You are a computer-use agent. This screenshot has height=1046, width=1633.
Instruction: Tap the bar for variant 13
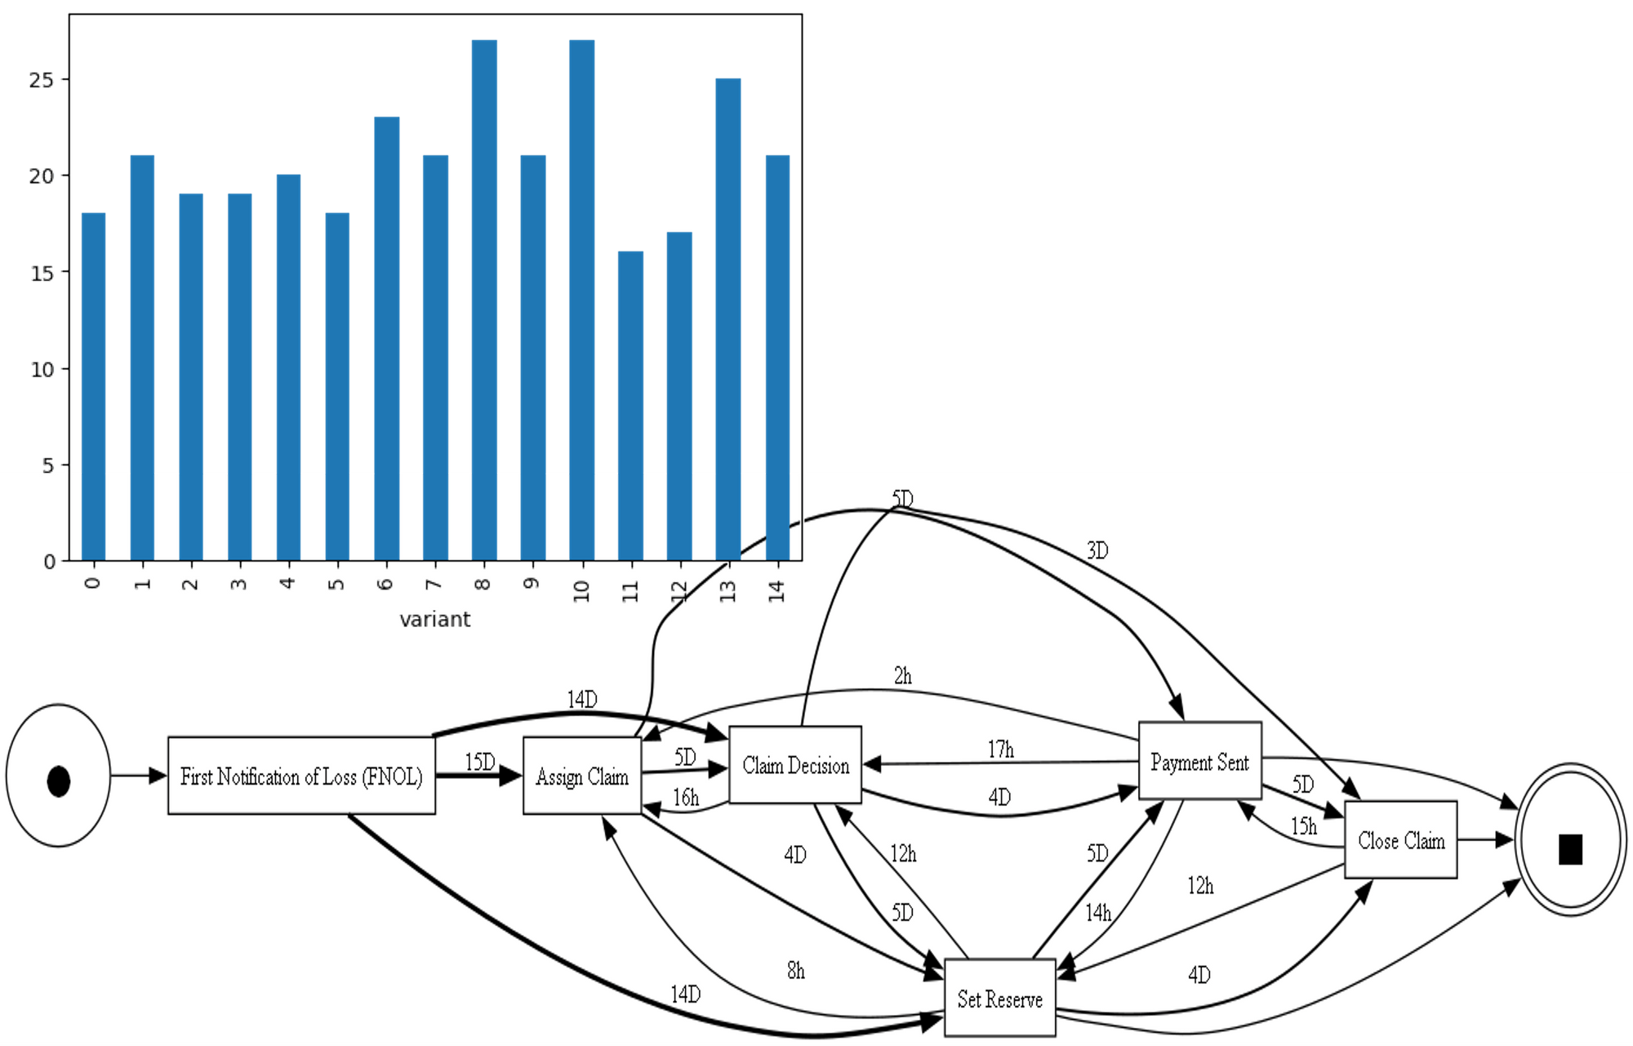pyautogui.click(x=728, y=318)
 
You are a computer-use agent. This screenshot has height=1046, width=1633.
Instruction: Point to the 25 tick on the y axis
pyautogui.click(x=42, y=80)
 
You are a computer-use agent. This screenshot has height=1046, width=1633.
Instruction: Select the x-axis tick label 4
pyautogui.click(x=287, y=583)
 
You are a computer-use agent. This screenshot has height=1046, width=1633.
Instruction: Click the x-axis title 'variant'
pyautogui.click(x=434, y=620)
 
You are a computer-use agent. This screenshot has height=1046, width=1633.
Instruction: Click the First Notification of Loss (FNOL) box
pyautogui.click(x=301, y=776)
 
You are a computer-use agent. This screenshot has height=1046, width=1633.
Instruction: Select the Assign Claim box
pyautogui.click(x=582, y=776)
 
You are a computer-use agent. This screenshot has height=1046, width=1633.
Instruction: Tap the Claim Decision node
pyautogui.click(x=795, y=765)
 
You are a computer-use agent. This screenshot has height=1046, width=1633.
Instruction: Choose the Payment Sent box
pyautogui.click(x=1199, y=762)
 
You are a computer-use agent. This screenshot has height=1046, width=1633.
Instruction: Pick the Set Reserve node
pyautogui.click(x=999, y=999)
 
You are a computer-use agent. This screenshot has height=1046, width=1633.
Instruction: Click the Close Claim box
pyautogui.click(x=1401, y=840)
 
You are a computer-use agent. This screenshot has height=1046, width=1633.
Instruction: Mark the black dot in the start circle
pyautogui.click(x=59, y=781)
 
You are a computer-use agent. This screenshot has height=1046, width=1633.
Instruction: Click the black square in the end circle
pyautogui.click(x=1570, y=849)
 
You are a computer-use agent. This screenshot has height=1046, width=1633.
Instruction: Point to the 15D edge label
pyautogui.click(x=480, y=762)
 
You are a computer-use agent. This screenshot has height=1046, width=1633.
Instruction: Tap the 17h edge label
pyautogui.click(x=1001, y=749)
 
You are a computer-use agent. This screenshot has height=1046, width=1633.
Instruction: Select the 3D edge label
pyautogui.click(x=1097, y=550)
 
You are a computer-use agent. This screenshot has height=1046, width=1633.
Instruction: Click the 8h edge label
pyautogui.click(x=796, y=970)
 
